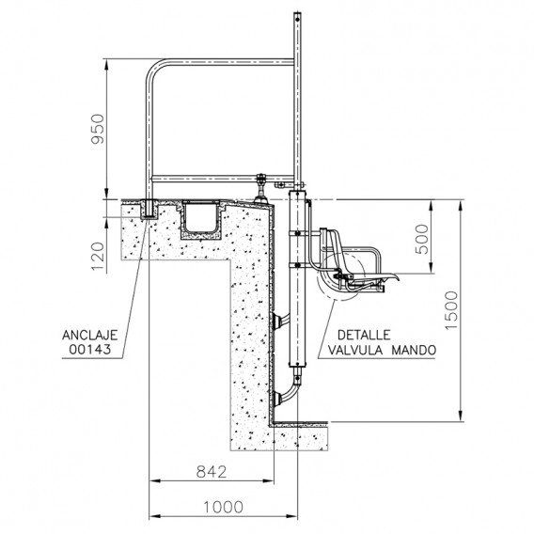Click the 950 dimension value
98,129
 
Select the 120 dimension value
98,256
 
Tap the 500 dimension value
422,239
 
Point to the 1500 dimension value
451,310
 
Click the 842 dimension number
212,472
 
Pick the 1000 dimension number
224,507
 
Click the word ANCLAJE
90,335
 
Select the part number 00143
90,350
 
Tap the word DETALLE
364,335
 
